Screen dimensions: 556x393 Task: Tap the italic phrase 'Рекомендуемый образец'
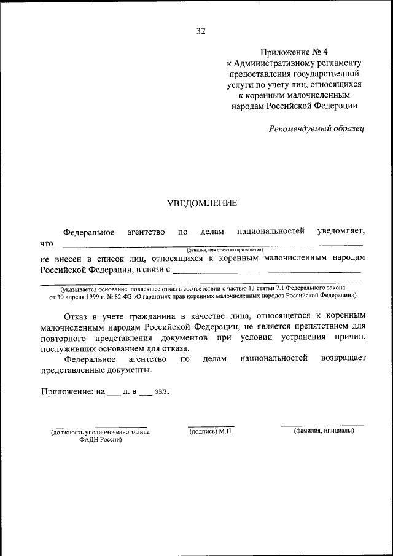pos(317,128)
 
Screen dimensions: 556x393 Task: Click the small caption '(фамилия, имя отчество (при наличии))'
pos(225,251)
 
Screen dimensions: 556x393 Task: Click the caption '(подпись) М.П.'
pos(211,431)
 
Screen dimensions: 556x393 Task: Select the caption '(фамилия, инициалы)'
pos(324,431)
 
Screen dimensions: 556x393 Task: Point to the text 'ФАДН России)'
pos(101,440)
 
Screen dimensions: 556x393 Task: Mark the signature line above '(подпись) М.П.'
pos(211,426)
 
